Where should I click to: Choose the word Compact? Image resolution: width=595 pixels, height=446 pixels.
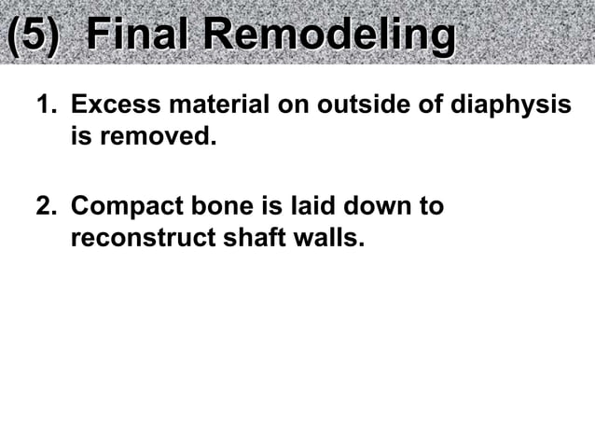click(x=120, y=206)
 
